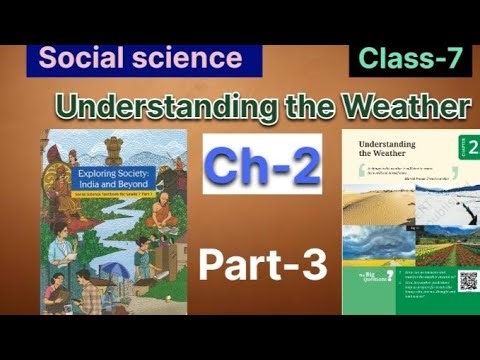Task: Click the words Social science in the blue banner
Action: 141,58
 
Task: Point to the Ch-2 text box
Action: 262,165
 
